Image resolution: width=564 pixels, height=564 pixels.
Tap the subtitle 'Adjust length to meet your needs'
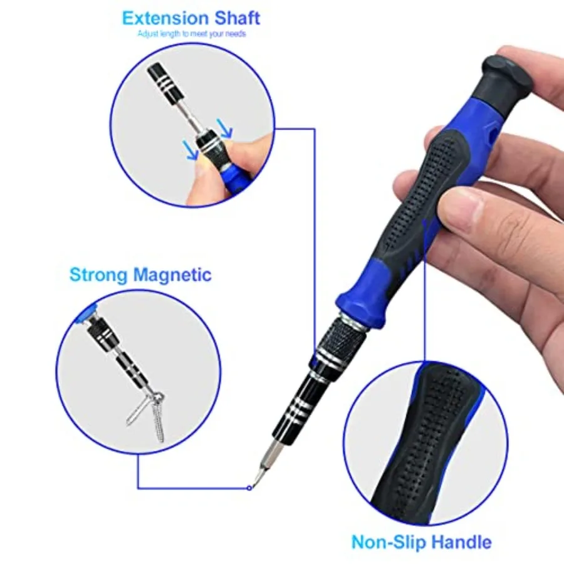coord(192,34)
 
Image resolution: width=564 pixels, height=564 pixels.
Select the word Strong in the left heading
coord(98,274)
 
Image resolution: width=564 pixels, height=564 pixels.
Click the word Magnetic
coord(172,275)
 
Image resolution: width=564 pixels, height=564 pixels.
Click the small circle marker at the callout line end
coord(249,488)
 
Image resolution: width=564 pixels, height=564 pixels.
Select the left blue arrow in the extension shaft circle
coord(191,150)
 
